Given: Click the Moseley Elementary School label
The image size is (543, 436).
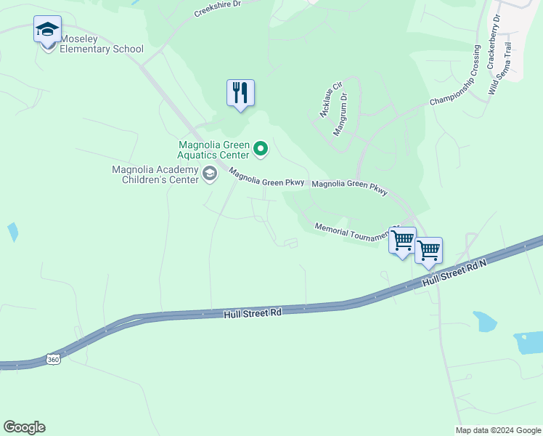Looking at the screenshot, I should point(102,44).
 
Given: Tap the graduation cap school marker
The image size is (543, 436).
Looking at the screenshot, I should point(47,31).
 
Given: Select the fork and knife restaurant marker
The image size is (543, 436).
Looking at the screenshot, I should point(240,93).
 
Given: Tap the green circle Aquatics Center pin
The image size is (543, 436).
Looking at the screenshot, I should point(261,150).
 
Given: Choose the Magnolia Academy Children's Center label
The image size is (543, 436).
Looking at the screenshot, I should point(155,174).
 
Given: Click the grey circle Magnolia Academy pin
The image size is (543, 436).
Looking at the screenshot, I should point(210,173).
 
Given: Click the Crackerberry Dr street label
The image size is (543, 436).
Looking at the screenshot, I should point(494,48).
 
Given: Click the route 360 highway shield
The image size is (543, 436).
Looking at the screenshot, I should point(52,359).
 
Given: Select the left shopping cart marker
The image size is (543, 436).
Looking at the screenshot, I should point(402,240).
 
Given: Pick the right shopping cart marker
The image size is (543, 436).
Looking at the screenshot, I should point(428,251).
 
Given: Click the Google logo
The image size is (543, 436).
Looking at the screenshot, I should point(24,427).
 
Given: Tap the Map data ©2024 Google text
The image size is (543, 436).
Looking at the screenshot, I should point(498,430).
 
